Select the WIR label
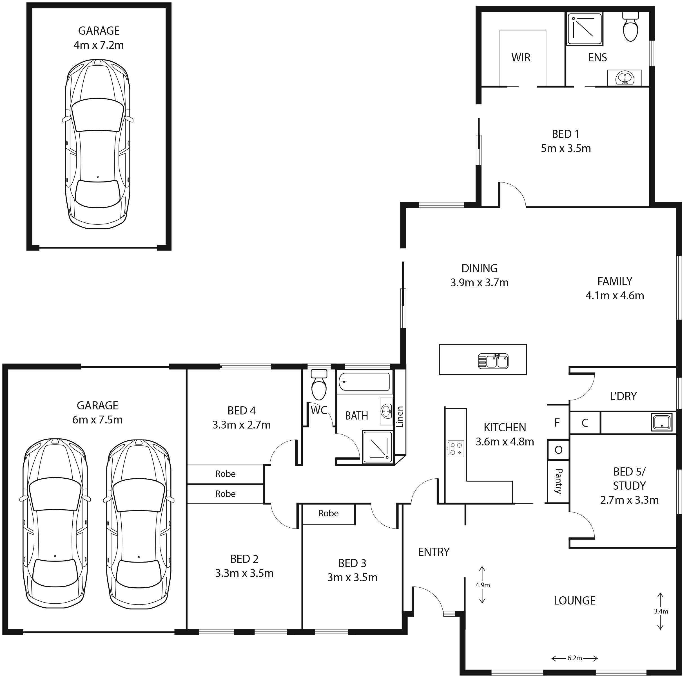coord(521,58)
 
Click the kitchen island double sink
coord(493,361)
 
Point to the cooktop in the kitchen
coord(456,449)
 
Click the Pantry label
coord(558,481)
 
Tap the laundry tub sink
coord(662,422)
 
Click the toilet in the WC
coord(319,385)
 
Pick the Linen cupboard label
coord(400,417)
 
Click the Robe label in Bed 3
coord(328,513)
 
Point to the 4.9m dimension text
coord(483,585)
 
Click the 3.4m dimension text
coord(661,611)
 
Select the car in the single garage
coord(98,144)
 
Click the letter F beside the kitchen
coord(557,423)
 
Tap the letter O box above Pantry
coord(558,450)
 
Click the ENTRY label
coord(434,552)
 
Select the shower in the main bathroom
coord(378,447)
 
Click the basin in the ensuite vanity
coord(625,77)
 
